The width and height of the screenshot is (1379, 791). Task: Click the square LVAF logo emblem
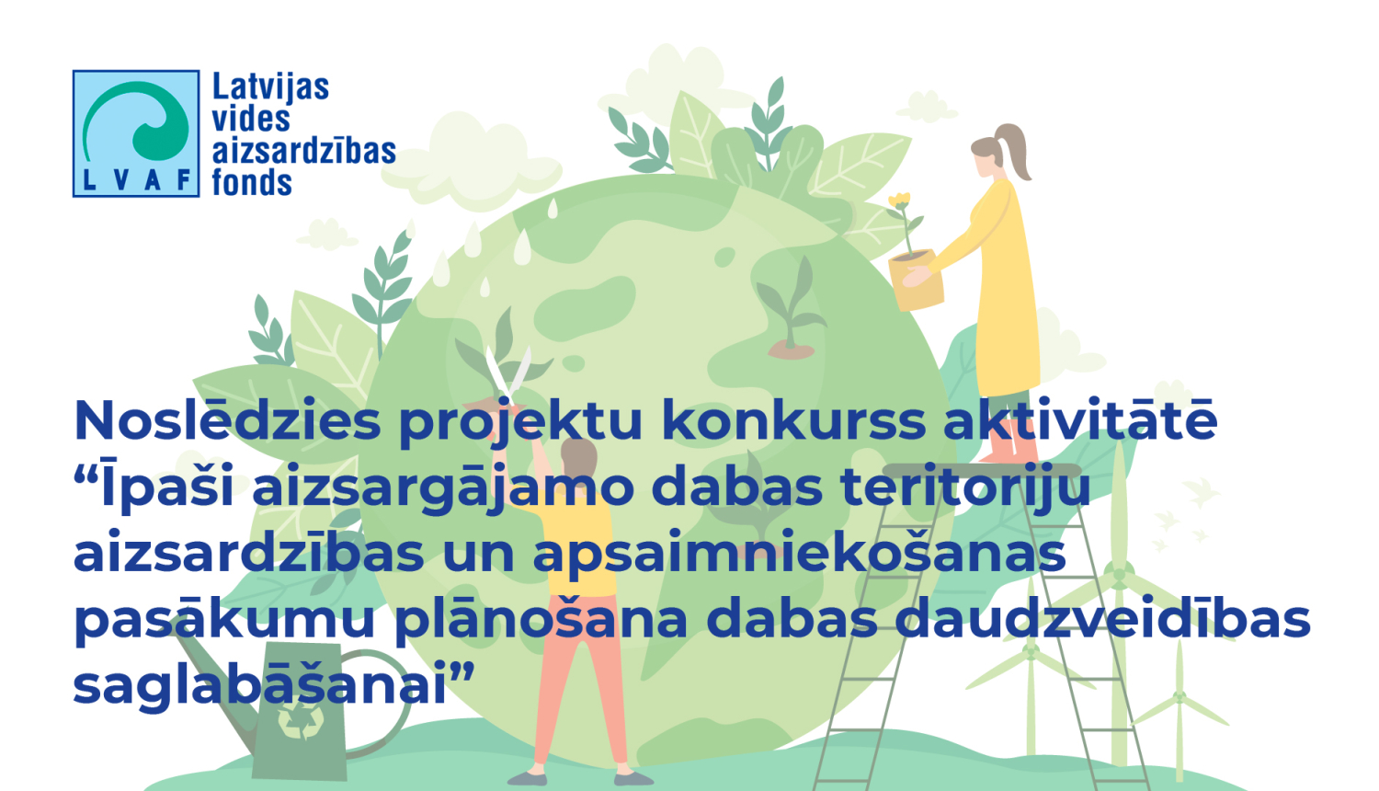(x=136, y=133)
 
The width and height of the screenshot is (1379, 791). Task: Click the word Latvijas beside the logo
(x=270, y=87)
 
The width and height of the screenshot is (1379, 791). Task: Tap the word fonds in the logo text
(x=252, y=182)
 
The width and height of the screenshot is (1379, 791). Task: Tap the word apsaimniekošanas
(x=800, y=555)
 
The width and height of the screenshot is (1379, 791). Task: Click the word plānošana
(x=541, y=620)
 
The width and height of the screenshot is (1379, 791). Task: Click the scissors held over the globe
(x=507, y=373)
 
